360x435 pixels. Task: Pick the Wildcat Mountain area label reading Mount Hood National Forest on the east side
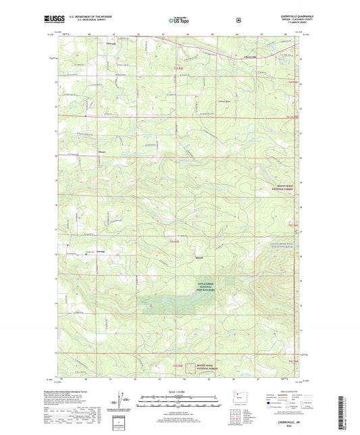(x=278, y=193)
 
